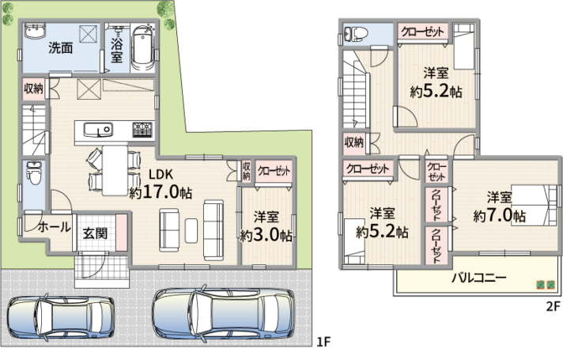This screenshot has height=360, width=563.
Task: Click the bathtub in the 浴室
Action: (143, 47)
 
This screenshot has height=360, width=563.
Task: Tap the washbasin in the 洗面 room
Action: (35, 30)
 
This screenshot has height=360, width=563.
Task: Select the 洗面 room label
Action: (61, 47)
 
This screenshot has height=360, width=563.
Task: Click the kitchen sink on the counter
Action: (98, 130)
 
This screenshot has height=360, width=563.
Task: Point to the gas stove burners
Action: (142, 130)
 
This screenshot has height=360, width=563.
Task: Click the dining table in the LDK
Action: (115, 170)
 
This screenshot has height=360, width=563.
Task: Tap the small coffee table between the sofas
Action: (191, 230)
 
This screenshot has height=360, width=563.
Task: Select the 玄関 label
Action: (95, 233)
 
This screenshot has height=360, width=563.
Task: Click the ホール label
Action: (55, 227)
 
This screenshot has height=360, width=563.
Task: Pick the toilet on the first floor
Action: (35, 172)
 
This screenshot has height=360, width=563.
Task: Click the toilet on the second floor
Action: (356, 34)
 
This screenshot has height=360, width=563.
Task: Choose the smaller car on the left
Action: (61, 317)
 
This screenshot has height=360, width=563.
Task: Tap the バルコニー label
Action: (479, 278)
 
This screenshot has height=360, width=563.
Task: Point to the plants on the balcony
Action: (546, 285)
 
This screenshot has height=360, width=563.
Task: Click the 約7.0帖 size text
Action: (500, 215)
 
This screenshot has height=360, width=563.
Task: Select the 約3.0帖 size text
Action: (266, 235)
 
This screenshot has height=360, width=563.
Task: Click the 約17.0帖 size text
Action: (161, 192)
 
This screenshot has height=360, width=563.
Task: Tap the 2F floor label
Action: (553, 306)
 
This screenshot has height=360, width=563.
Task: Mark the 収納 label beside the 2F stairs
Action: (354, 142)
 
